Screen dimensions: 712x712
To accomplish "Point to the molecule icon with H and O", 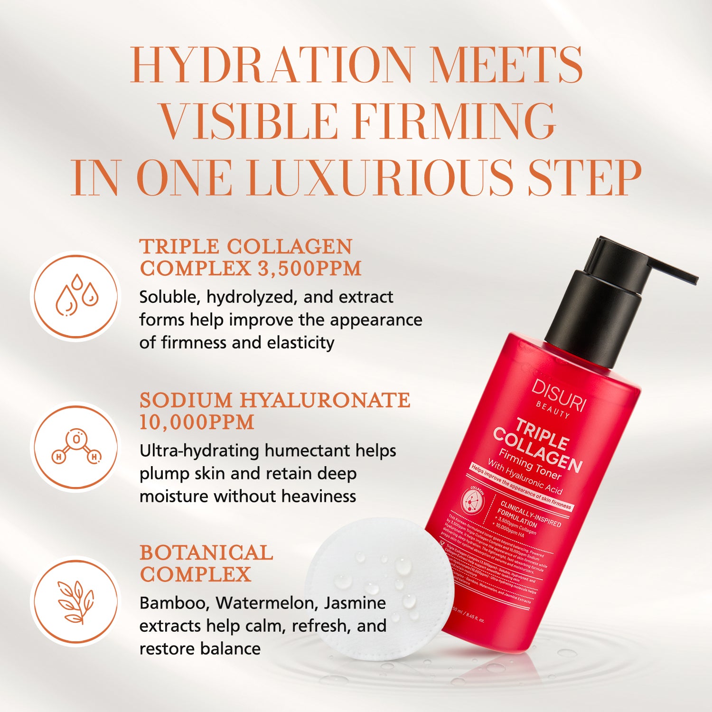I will [76, 447].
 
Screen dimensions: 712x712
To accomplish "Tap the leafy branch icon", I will [76, 601].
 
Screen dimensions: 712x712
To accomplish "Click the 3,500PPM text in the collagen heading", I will [309, 269].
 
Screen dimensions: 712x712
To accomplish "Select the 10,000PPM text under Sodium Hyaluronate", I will [197, 422].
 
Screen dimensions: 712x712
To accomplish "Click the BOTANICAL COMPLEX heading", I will [206, 563].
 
